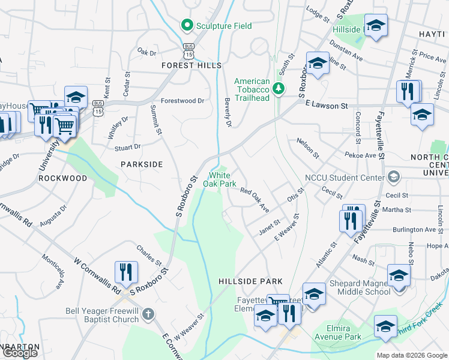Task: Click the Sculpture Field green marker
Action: tap(186, 26)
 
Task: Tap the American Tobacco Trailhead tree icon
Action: tap(279, 89)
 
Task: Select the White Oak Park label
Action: tap(222, 179)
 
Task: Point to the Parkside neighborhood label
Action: tap(142, 164)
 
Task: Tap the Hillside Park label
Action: tap(250, 281)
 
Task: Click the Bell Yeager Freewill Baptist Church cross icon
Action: tap(148, 313)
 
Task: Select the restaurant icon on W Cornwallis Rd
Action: tap(126, 272)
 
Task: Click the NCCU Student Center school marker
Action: tap(394, 177)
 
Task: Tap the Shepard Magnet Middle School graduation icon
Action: tap(398, 276)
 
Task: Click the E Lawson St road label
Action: tap(327, 106)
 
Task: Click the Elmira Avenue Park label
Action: tap(336, 332)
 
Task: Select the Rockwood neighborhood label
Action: tap(62, 178)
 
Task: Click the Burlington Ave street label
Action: tap(414, 229)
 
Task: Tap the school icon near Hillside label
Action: tap(376, 26)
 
